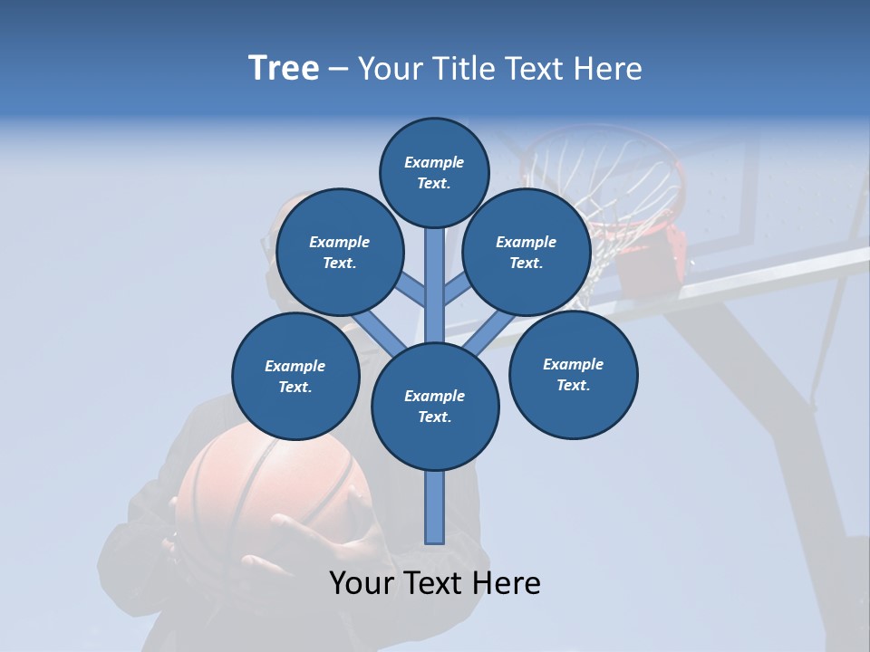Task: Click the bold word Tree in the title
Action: (284, 69)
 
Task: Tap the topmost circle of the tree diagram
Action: (434, 172)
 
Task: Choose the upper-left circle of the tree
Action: (340, 252)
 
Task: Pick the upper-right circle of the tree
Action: (527, 252)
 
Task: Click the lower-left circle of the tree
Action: (295, 376)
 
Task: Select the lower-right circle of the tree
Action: (573, 374)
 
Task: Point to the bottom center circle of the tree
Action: (435, 406)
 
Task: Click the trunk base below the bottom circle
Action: (435, 507)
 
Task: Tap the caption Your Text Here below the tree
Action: (435, 583)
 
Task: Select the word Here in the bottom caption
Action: (509, 583)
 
